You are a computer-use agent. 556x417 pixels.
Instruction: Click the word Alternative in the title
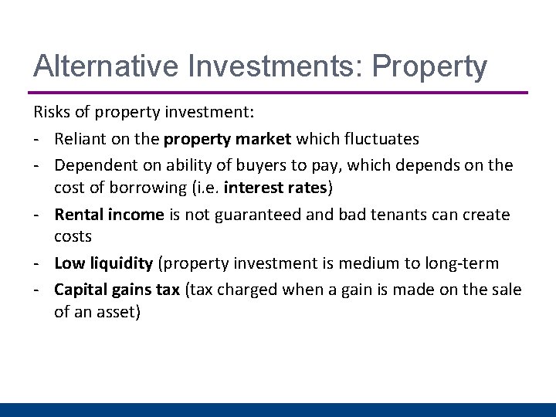(99, 66)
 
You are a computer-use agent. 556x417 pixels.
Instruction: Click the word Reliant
(80, 139)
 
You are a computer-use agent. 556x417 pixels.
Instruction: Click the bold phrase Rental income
(109, 214)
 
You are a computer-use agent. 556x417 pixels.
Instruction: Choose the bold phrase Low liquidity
(103, 263)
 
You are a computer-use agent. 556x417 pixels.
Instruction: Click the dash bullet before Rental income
(36, 215)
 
